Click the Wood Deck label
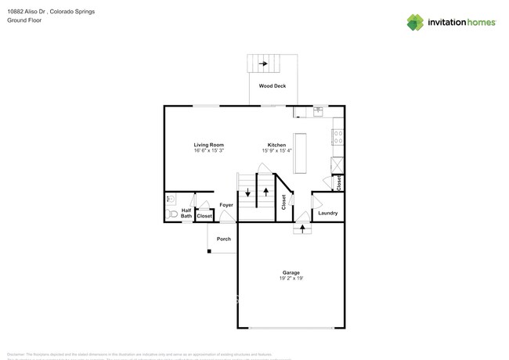tap(273, 85)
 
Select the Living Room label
tap(209, 145)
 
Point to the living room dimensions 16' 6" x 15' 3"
tap(209, 151)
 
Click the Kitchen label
tap(276, 145)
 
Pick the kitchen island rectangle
tap(299, 153)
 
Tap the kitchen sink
tap(318, 111)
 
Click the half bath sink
tap(171, 200)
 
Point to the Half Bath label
tap(186, 213)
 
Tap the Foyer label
tap(226, 205)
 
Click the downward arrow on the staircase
tap(248, 192)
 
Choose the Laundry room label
tap(327, 213)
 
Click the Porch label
tap(224, 239)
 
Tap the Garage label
tap(291, 272)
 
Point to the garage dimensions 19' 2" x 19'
tap(291, 279)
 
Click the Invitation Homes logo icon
tap(415, 22)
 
